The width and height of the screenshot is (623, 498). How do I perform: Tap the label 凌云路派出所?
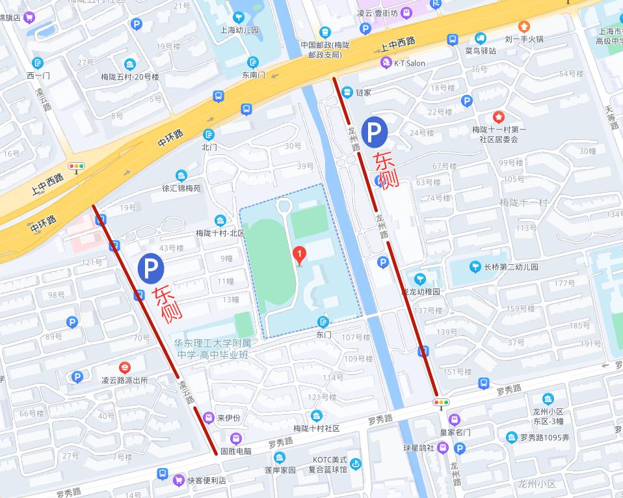[x=125, y=380]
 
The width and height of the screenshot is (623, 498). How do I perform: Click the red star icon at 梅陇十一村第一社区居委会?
[x=498, y=117]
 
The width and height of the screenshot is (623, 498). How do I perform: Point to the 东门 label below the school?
[x=323, y=335]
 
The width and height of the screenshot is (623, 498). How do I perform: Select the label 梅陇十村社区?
[x=317, y=428]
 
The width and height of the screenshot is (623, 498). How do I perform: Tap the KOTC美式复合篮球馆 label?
[x=328, y=463]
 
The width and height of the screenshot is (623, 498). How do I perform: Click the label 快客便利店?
[x=206, y=480]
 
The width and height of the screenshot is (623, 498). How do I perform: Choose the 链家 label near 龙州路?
[x=363, y=92]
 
